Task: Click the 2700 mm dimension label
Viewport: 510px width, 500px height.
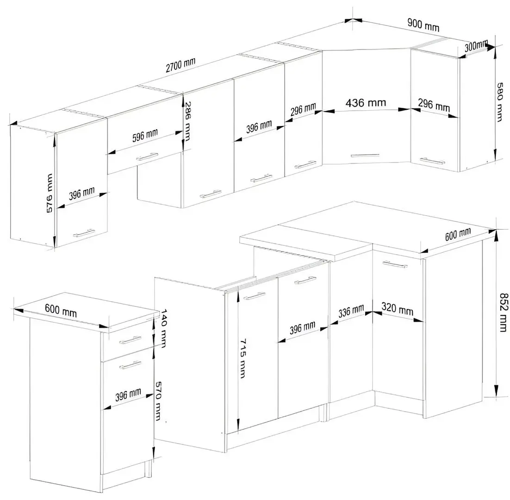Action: click(x=180, y=65)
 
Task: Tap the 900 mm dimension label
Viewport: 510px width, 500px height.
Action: click(x=423, y=25)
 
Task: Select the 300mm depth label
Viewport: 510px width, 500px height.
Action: click(x=476, y=46)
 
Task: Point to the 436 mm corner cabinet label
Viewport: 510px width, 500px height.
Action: click(x=366, y=103)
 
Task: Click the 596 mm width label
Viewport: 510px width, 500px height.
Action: click(x=145, y=135)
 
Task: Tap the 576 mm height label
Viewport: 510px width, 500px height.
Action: click(x=49, y=193)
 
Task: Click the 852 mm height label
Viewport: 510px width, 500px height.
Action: click(x=503, y=312)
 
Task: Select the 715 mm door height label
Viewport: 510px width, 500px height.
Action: click(x=243, y=358)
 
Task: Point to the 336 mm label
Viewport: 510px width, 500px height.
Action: click(x=351, y=311)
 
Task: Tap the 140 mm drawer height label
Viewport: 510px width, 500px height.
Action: click(x=164, y=328)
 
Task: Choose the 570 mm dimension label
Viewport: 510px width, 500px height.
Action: click(x=158, y=401)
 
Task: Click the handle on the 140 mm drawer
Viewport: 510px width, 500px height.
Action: click(x=131, y=340)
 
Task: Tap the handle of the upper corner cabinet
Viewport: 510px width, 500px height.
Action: click(x=365, y=156)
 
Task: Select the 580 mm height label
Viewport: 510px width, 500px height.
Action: click(x=500, y=101)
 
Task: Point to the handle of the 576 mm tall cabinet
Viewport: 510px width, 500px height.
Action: click(x=84, y=233)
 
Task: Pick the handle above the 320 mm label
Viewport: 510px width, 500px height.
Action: click(x=395, y=264)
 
